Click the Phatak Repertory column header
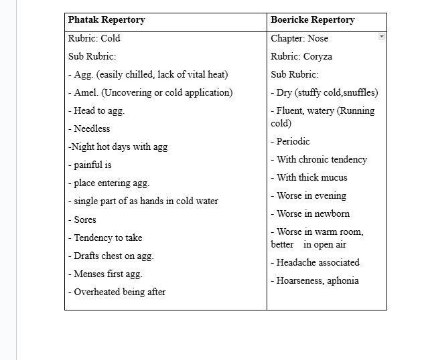tap(107, 20)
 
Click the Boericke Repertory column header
tap(312, 20)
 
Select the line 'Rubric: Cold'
tap(94, 38)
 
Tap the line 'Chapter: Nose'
tap(299, 38)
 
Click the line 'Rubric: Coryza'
tap(301, 56)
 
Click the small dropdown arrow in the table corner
tap(382, 36)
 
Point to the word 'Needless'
tap(92, 128)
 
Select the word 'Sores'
tap(85, 219)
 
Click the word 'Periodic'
tap(293, 141)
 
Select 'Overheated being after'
tap(117, 292)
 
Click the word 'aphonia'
tap(342, 280)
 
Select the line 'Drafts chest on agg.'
tap(111, 256)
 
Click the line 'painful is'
tap(90, 165)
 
